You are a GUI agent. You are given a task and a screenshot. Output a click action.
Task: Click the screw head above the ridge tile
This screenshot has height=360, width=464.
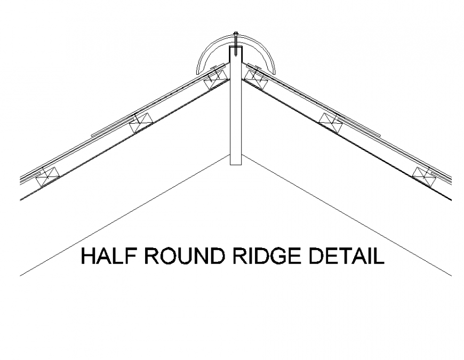tap(235, 34)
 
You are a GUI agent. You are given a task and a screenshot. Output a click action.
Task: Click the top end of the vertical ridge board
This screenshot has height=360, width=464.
tap(235, 47)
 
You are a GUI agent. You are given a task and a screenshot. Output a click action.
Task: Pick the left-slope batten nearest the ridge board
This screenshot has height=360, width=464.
tap(216, 76)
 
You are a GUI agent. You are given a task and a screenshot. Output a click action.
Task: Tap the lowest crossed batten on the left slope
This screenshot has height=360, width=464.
tap(48, 176)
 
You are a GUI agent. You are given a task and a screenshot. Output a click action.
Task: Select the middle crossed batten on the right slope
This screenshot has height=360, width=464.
tap(330, 122)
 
